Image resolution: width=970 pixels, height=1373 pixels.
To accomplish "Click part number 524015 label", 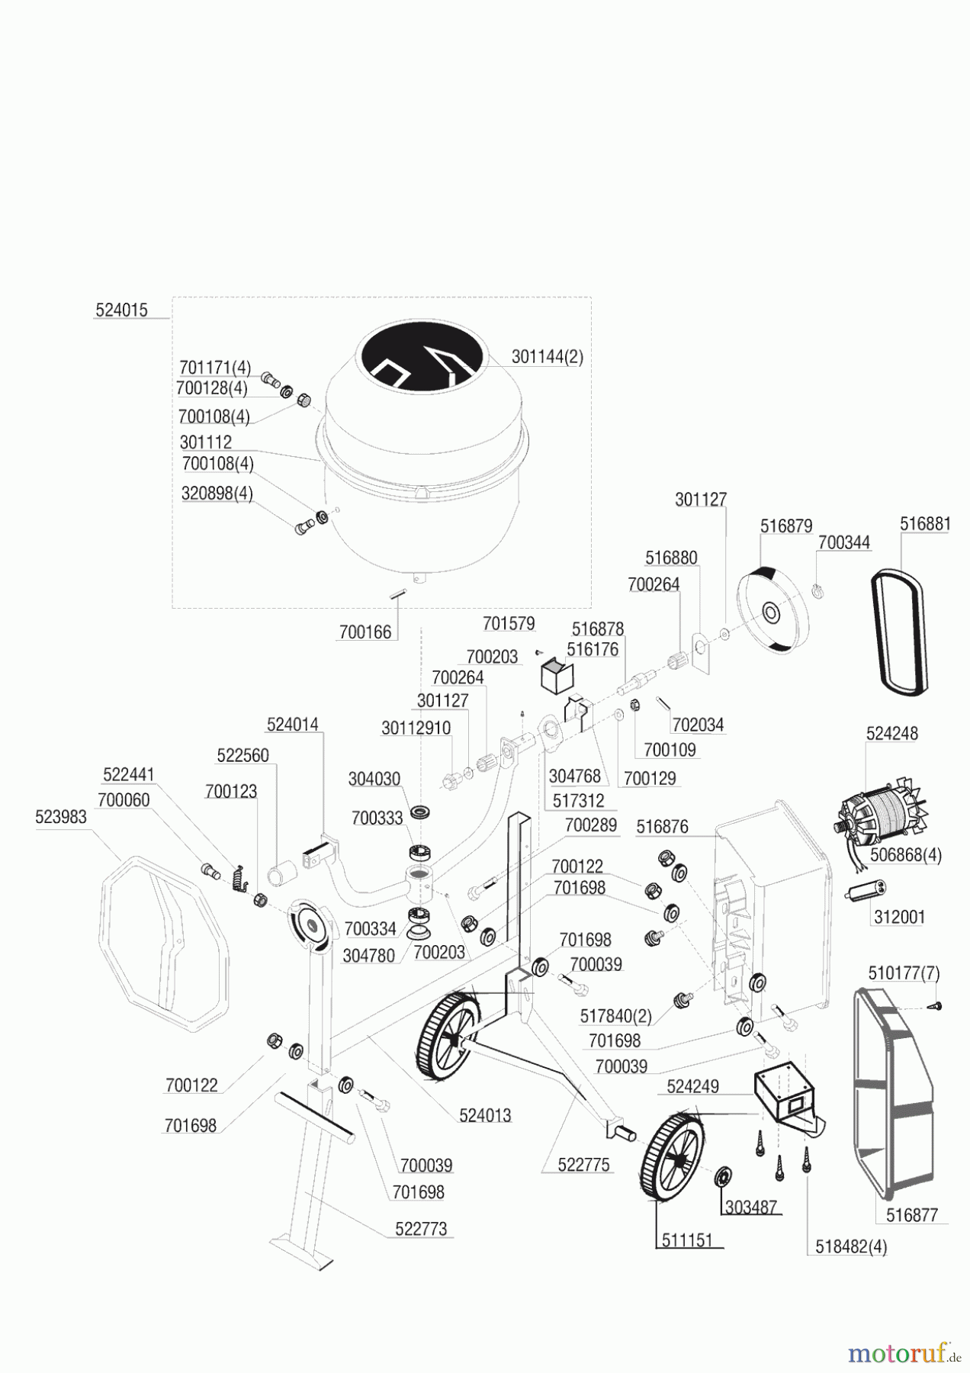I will [121, 310].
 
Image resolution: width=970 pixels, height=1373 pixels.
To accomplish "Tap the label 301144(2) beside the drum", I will [547, 357].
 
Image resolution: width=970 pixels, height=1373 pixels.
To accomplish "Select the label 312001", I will [899, 917].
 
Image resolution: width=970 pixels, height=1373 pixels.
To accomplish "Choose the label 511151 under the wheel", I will [687, 1240].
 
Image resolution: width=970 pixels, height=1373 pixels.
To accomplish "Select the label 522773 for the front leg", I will [421, 1229].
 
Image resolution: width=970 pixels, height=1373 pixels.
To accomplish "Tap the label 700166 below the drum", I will [365, 632].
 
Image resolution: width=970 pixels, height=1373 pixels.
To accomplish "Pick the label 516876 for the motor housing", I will [662, 827].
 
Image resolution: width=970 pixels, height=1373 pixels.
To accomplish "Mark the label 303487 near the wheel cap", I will [751, 1207].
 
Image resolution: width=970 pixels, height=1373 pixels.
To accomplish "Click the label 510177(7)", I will [904, 973].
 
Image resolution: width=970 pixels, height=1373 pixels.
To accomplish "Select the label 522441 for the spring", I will [128, 775].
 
